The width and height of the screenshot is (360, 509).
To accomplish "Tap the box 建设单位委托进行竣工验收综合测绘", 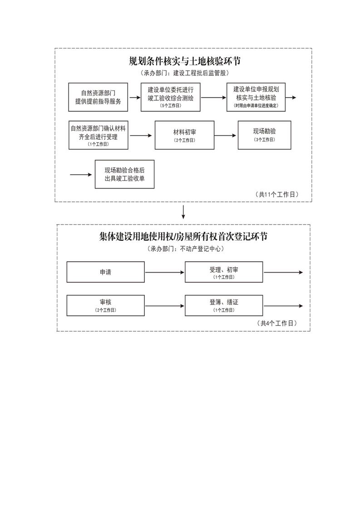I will (170, 97).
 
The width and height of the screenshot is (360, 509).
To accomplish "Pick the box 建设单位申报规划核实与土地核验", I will (256, 97).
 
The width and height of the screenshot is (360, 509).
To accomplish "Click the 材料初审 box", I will (184, 135).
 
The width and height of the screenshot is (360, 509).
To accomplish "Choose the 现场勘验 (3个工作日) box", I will (264, 135).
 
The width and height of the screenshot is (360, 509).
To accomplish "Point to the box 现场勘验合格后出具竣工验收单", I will (124, 174).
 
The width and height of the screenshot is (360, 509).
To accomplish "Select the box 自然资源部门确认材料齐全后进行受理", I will (98, 135).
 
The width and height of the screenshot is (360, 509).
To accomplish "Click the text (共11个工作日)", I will (278, 194).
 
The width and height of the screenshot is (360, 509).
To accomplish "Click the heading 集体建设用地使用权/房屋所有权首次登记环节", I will (183, 237).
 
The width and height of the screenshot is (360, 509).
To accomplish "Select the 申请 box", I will (105, 272).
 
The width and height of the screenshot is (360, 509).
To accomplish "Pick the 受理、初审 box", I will (224, 272).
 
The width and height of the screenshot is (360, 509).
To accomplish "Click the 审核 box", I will (105, 305).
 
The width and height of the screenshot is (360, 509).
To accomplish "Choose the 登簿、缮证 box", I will (224, 305).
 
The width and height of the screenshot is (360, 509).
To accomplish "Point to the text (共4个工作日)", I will (277, 323).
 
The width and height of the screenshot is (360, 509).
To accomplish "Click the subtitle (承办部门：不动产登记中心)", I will (183, 249).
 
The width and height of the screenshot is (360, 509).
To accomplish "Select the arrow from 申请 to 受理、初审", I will (164, 272).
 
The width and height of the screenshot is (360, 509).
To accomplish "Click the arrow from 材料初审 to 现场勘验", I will (226, 135).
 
